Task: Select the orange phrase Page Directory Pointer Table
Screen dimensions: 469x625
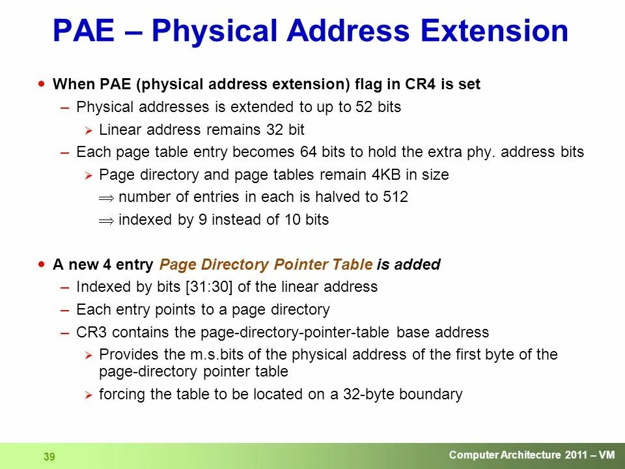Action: (266, 264)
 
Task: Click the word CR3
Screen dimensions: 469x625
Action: (90, 332)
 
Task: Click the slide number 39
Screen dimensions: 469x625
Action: (49, 457)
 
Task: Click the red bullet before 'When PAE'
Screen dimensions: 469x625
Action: (42, 84)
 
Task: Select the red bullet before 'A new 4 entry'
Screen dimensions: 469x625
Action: (42, 264)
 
